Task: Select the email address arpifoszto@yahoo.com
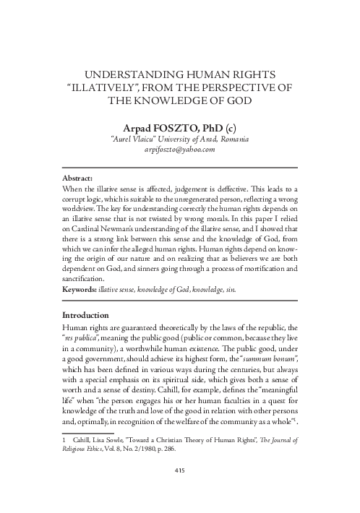pyautogui.click(x=179, y=150)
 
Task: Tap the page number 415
pyautogui.click(x=180, y=471)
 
